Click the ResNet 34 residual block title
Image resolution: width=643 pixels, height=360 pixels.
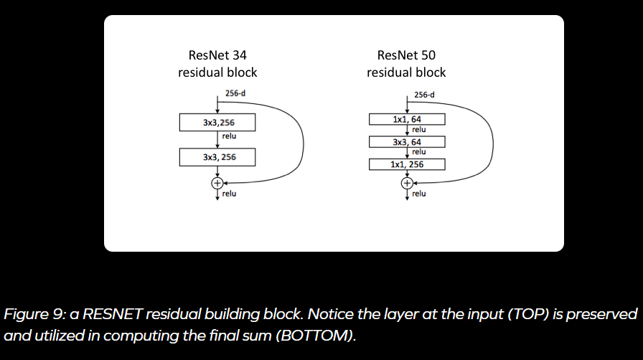coord(217,63)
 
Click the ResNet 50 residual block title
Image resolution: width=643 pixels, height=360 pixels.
coord(405,63)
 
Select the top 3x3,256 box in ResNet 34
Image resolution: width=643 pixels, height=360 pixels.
coord(217,123)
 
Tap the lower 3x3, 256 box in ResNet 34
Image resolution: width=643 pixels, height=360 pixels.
coord(217,156)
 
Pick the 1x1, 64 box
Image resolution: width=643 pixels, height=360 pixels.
coord(407,119)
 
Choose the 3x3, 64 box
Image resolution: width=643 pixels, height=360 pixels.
coord(407,142)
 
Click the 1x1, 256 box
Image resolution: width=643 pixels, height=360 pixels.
coord(407,164)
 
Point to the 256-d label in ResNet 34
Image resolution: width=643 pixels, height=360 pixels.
coord(235,93)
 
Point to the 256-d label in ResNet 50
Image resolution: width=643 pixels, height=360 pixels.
coord(424,95)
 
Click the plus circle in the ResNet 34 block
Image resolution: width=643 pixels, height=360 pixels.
coord(217,183)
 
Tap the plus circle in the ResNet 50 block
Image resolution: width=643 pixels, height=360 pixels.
coord(407,183)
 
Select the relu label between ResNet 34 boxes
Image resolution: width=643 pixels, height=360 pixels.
coord(229,136)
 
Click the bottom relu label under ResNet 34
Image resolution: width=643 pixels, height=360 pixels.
coord(229,194)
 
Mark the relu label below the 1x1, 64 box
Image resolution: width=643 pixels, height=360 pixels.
coord(419,130)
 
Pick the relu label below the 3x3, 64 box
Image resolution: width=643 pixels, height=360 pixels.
coord(419,152)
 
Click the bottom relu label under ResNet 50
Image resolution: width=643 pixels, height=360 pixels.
coord(419,194)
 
